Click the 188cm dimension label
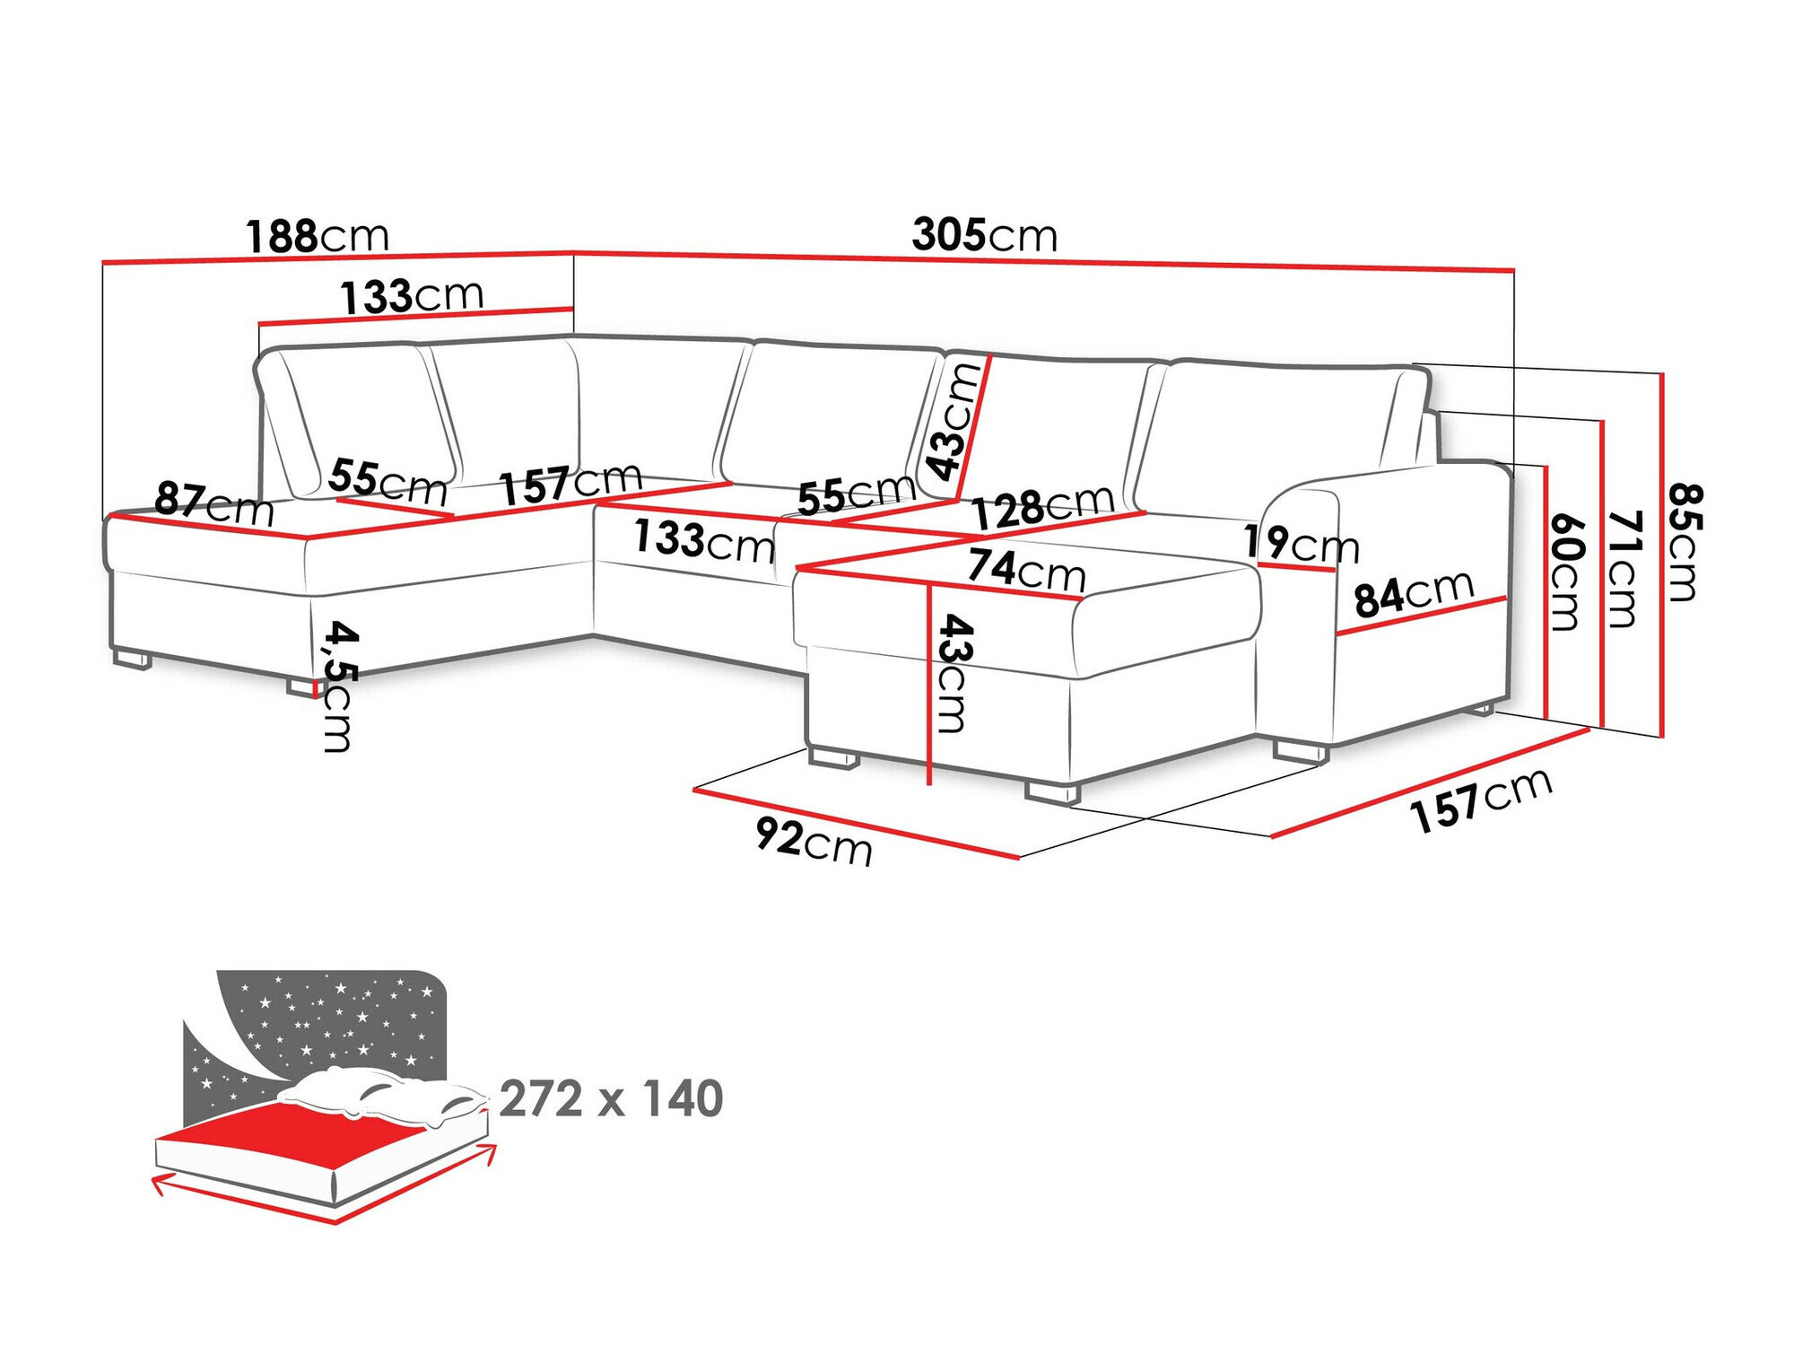coord(318,236)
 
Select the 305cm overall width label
coord(984,235)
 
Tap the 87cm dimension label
coord(213,504)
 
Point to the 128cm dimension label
coord(1042,508)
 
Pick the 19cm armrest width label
coord(1301,544)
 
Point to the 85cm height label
coord(1685,542)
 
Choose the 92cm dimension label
coord(813,842)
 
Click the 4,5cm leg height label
coord(339,686)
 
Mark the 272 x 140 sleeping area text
coord(611,1098)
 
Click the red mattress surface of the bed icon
coord(296,1135)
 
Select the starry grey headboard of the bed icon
coord(341,1014)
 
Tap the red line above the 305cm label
coord(1041,261)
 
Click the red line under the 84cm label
coord(1422,616)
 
